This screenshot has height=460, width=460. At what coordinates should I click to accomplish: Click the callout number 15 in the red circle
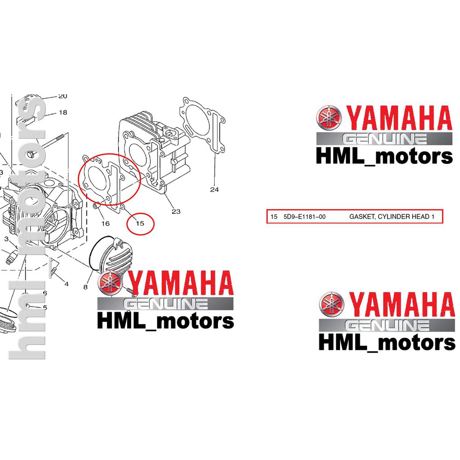(x=140, y=224)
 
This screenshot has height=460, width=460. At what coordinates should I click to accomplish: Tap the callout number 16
(x=105, y=224)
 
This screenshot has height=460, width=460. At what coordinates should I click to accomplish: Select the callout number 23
(x=176, y=211)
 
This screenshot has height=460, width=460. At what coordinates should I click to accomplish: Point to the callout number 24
(x=214, y=190)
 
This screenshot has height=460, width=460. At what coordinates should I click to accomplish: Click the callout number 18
(x=63, y=112)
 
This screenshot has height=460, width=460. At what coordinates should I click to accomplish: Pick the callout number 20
(x=63, y=96)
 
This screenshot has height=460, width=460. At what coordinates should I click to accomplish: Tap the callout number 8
(x=85, y=287)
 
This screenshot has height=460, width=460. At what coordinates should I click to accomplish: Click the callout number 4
(x=66, y=284)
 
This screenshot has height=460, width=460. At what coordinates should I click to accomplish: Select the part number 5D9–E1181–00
(x=305, y=217)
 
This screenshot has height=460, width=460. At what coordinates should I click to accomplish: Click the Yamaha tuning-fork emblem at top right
(x=329, y=118)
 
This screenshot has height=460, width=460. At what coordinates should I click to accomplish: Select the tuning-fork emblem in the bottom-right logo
(x=332, y=305)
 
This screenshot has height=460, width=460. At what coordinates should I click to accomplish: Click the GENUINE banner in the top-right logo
(x=385, y=139)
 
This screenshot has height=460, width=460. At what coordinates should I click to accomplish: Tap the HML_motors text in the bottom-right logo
(x=387, y=343)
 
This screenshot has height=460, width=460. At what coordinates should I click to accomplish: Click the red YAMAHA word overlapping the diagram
(x=181, y=283)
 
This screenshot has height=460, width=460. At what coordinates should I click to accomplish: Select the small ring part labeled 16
(x=96, y=207)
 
